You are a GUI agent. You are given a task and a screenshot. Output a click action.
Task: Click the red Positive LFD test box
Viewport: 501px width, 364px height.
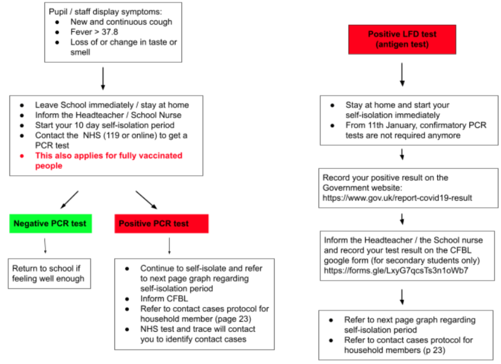(x=402, y=39)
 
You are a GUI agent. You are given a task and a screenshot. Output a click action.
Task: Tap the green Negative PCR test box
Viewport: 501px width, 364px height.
(x=50, y=224)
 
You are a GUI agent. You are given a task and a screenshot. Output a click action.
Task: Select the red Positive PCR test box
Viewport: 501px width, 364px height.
(x=162, y=224)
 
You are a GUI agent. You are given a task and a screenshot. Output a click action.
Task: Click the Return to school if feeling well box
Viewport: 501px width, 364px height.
(x=49, y=274)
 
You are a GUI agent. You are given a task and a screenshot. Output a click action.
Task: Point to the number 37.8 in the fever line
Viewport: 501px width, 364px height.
(x=110, y=32)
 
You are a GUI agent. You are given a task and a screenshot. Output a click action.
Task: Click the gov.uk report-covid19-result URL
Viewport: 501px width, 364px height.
(x=397, y=198)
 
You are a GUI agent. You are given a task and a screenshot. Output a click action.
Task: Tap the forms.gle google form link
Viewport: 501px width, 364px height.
(x=396, y=271)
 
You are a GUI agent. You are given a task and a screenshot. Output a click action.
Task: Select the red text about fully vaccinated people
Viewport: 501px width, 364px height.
(x=109, y=160)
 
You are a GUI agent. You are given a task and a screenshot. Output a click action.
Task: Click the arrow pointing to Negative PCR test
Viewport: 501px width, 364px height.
(x=70, y=200)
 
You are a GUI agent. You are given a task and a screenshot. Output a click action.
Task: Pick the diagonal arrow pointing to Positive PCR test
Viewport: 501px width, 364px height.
(x=146, y=200)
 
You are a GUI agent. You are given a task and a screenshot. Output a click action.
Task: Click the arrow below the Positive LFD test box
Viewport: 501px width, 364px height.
(x=402, y=74)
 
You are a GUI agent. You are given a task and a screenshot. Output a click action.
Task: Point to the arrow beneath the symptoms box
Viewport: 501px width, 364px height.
(x=103, y=79)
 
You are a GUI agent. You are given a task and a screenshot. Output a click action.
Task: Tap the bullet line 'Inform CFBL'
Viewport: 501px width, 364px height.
(x=164, y=299)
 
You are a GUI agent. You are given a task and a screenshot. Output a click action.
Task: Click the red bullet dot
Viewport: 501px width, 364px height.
(x=22, y=156)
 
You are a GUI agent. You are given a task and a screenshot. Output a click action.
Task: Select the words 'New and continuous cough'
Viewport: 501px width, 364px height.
(x=121, y=22)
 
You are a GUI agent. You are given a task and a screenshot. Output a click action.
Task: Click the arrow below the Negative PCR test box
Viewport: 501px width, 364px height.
(x=45, y=246)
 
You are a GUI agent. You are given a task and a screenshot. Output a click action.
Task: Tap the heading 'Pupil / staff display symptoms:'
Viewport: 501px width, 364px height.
(x=105, y=12)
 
